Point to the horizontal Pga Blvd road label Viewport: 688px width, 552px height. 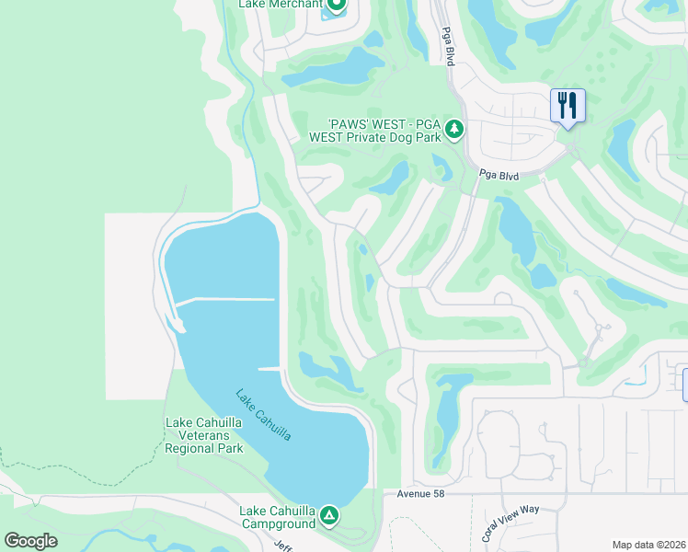500,175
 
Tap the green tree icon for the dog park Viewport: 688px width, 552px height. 453,130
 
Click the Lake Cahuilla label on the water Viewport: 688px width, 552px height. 263,415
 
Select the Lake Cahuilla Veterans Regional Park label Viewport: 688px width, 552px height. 204,436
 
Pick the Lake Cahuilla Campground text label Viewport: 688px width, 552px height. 277,517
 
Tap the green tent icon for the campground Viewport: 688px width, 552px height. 329,517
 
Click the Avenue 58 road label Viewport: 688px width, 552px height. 421,494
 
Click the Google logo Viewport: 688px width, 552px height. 30,541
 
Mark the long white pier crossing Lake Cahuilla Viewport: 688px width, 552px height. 225,300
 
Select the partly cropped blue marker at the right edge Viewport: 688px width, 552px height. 683,384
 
